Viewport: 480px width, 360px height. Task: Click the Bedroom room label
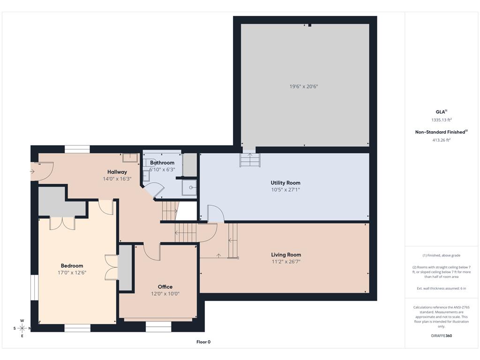pyautogui.click(x=72, y=266)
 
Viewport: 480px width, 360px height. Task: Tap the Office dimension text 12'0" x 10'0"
pyautogui.click(x=165, y=294)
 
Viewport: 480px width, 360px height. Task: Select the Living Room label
pyautogui.click(x=286, y=255)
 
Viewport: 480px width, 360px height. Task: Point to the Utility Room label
pyautogui.click(x=285, y=183)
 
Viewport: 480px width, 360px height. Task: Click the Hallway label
pyautogui.click(x=117, y=172)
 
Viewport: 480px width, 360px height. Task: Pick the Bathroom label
pyautogui.click(x=162, y=163)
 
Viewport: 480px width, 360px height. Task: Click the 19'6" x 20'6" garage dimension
pyautogui.click(x=304, y=87)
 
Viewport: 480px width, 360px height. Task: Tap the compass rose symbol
pyautogui.click(x=22, y=329)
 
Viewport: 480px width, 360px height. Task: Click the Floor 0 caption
pyautogui.click(x=203, y=342)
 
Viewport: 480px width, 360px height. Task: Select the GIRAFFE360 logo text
pyautogui.click(x=442, y=336)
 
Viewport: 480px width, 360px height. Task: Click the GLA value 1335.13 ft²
pyautogui.click(x=442, y=120)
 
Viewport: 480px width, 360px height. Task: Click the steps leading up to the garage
pyautogui.click(x=250, y=160)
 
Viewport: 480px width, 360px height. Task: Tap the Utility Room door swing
pyautogui.click(x=216, y=213)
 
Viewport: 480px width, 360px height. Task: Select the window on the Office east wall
pyautogui.click(x=158, y=327)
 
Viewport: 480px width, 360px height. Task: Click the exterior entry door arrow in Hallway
pyautogui.click(x=32, y=172)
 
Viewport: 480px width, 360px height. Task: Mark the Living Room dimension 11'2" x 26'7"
pyautogui.click(x=286, y=262)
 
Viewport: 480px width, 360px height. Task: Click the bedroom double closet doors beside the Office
pyautogui.click(x=112, y=267)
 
